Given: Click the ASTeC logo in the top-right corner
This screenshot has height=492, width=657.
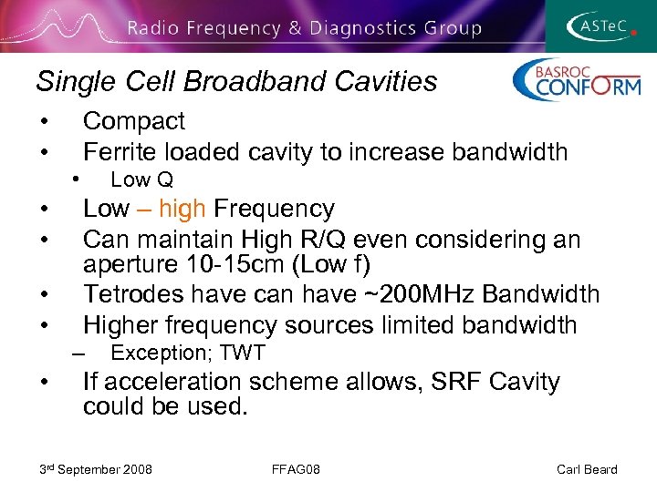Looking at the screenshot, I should click(602, 26).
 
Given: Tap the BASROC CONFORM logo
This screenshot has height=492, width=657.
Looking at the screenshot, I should click(576, 80).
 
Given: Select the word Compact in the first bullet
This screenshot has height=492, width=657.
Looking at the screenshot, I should click(133, 121).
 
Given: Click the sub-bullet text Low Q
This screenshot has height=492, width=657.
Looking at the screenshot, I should click(141, 180).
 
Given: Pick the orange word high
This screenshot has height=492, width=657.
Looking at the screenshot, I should click(182, 209).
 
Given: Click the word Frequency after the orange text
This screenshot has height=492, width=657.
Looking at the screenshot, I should click(274, 209).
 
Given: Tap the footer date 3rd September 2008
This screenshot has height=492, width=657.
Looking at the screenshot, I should click(95, 469).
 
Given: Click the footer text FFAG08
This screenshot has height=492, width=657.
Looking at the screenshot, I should click(295, 469).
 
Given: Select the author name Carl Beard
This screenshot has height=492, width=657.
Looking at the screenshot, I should click(586, 469).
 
